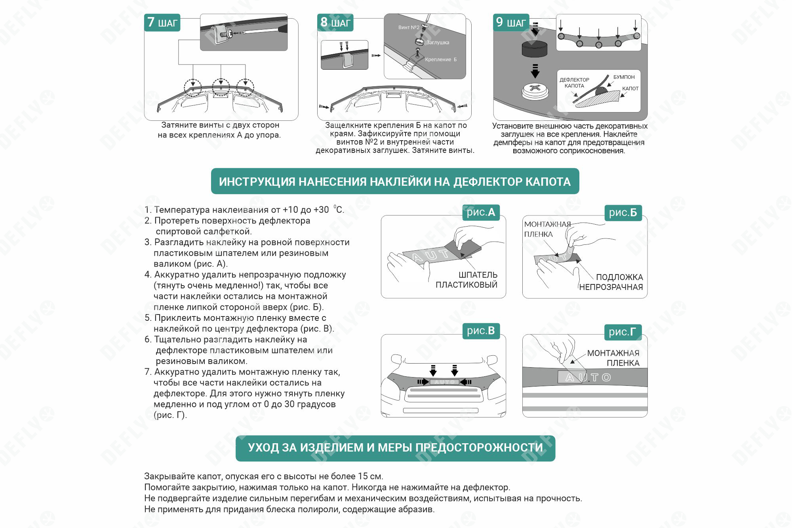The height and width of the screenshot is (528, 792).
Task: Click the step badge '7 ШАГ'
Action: tap(162, 23)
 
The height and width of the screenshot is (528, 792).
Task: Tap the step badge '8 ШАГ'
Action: tap(335, 23)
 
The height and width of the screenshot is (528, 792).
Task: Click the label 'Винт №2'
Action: tap(409, 27)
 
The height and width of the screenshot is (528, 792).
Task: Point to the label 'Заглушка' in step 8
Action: tap(438, 42)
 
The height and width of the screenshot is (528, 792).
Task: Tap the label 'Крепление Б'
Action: tap(440, 59)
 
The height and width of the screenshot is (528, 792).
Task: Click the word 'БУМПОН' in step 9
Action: tap(624, 77)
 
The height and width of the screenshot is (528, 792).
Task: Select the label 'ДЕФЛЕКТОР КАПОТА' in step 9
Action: tap(574, 83)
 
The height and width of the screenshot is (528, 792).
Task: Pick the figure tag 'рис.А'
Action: tap(481, 212)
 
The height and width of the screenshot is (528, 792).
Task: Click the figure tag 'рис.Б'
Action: tap(623, 213)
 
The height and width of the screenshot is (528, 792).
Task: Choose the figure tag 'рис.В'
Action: tap(481, 331)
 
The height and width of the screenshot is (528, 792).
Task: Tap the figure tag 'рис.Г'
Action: tap(623, 332)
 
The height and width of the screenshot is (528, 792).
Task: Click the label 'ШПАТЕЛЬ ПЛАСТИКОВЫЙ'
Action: tap(467, 280)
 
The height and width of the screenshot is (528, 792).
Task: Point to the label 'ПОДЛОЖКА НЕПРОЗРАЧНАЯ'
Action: tap(611, 282)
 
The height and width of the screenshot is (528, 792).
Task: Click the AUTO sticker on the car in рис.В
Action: tap(444, 382)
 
